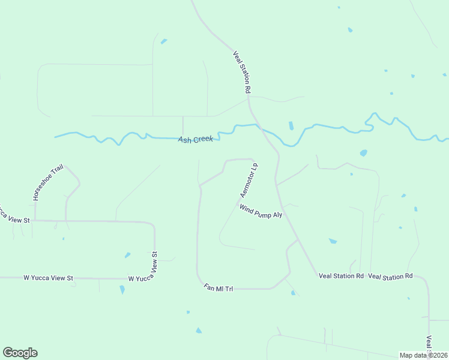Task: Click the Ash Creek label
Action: (x=196, y=139)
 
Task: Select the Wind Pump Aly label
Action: (x=261, y=211)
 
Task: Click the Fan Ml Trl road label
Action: (x=218, y=289)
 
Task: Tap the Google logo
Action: (x=20, y=353)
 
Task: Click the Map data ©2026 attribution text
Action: (x=424, y=355)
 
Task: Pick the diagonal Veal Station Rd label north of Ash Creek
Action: (x=241, y=71)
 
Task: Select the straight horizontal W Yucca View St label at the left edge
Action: (x=48, y=278)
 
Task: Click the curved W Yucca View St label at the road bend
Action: (x=145, y=270)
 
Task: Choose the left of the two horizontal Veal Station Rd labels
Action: (x=341, y=276)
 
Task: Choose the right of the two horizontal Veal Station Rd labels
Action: (x=390, y=276)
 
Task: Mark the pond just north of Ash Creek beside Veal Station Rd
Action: (x=291, y=126)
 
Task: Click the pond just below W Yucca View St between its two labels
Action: (x=122, y=289)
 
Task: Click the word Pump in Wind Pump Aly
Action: (x=262, y=211)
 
